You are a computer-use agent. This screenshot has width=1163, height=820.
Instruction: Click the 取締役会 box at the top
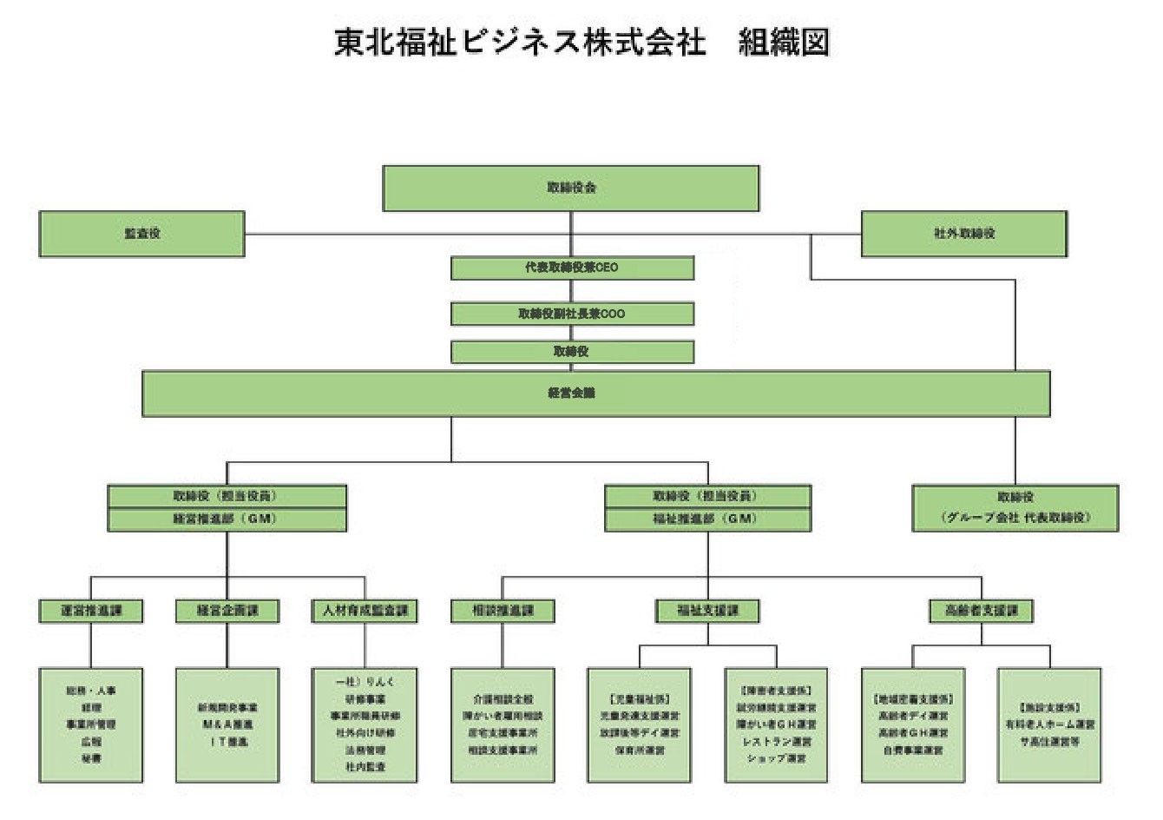(571, 188)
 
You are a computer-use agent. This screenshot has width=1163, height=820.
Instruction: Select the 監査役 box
(141, 234)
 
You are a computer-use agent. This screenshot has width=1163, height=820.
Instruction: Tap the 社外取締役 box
(963, 234)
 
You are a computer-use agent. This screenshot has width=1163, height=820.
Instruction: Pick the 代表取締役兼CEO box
(572, 268)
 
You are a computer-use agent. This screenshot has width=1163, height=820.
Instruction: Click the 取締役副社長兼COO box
(572, 314)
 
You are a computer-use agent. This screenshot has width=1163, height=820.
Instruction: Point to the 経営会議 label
(572, 393)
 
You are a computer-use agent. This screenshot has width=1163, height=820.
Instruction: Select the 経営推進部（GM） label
(227, 519)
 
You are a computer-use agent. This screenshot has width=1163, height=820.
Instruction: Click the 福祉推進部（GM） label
(707, 519)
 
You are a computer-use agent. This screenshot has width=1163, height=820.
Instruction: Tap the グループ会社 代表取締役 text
(1015, 518)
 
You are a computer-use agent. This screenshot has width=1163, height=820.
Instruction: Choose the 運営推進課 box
(91, 611)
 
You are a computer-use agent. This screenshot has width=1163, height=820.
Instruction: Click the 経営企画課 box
(227, 611)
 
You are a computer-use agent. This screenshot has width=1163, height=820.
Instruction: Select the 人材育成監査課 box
(365, 611)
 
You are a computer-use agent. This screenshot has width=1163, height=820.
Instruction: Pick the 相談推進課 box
(503, 611)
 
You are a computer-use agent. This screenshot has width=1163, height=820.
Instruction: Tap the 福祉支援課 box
(707, 611)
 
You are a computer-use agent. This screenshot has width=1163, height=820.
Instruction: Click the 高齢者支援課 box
(982, 611)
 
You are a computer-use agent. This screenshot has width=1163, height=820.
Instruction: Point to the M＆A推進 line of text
(227, 724)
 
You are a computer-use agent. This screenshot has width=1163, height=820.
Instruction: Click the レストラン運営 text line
(777, 742)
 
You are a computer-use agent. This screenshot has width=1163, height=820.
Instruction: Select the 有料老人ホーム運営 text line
(1050, 724)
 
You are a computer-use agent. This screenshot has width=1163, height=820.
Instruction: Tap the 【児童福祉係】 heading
(640, 699)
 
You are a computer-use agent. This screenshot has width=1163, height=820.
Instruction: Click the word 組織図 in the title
(784, 42)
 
